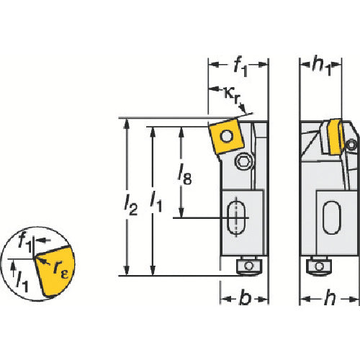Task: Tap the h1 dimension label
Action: pos(322,67)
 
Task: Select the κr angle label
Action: pos(233,95)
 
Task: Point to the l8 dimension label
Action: pos(184,176)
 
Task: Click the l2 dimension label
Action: pos(131,205)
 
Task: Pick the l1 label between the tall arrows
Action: pos(156,203)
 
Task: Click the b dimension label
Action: pos(245,299)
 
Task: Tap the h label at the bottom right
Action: pos(330,299)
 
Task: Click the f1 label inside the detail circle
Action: pos(25,243)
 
